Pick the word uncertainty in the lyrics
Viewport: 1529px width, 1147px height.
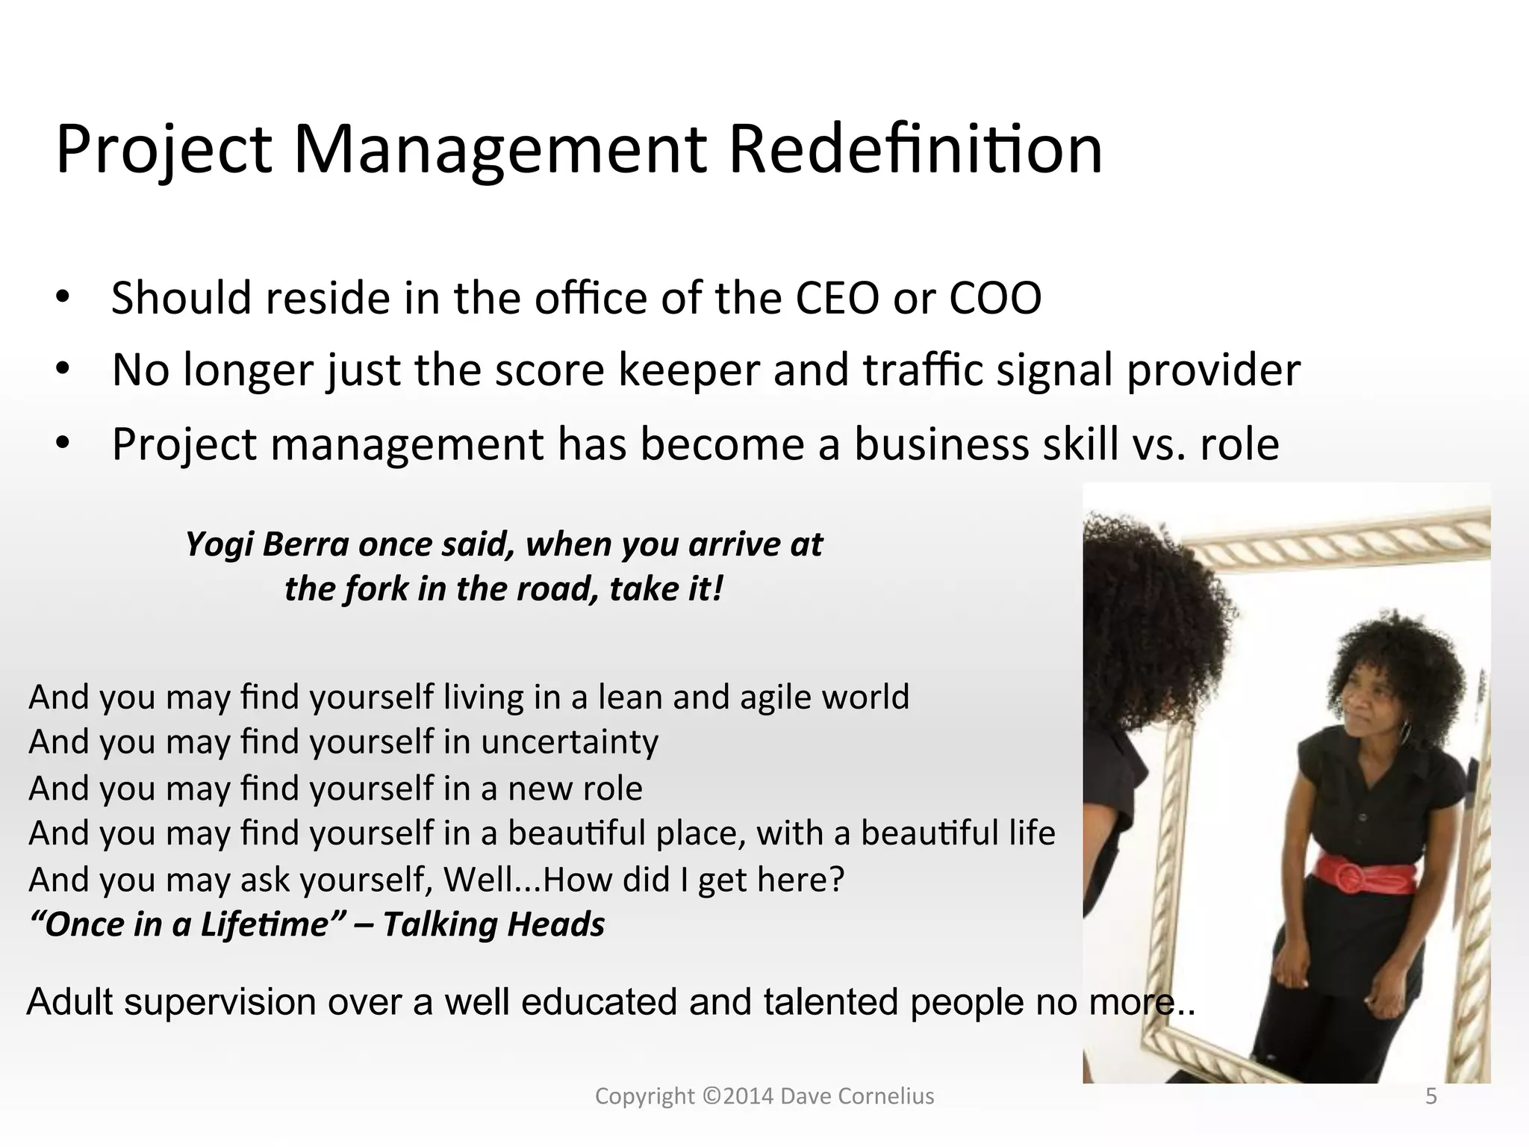click(x=569, y=742)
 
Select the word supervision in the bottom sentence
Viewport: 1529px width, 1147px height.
click(x=220, y=1002)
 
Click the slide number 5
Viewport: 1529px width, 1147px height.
click(x=1431, y=1096)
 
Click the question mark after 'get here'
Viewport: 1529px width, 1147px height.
click(x=836, y=880)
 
